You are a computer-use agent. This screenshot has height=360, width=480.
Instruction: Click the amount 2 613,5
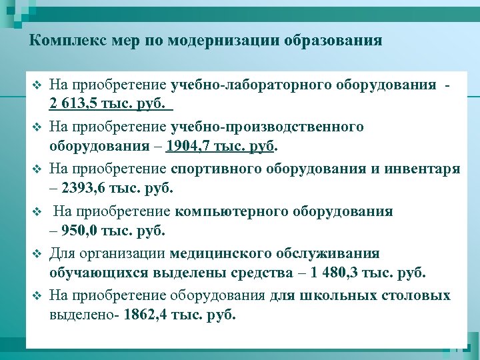(x=74, y=105)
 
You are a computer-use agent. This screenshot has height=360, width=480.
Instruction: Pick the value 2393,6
(x=83, y=189)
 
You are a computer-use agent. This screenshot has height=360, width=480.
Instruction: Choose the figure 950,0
(x=81, y=231)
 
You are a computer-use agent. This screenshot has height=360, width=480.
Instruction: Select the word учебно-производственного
(x=267, y=127)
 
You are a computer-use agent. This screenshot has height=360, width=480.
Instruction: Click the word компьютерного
(x=224, y=211)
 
